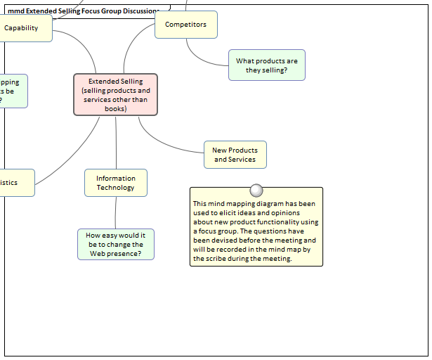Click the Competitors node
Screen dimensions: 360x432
click(x=185, y=25)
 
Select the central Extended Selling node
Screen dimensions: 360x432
click(x=115, y=94)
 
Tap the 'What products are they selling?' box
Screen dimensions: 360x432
click(x=266, y=65)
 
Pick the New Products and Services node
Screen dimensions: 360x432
click(x=235, y=155)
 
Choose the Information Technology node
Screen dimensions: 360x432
click(x=115, y=183)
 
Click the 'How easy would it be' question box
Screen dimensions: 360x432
click(x=115, y=244)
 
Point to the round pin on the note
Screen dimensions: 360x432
click(x=256, y=191)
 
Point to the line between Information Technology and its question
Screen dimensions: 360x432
click(x=115, y=212)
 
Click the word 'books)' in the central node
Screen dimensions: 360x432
click(x=115, y=109)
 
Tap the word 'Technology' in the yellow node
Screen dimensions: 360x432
click(x=115, y=188)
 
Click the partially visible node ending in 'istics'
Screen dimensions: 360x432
click(x=14, y=183)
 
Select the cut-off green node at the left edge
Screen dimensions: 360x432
click(x=13, y=91)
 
